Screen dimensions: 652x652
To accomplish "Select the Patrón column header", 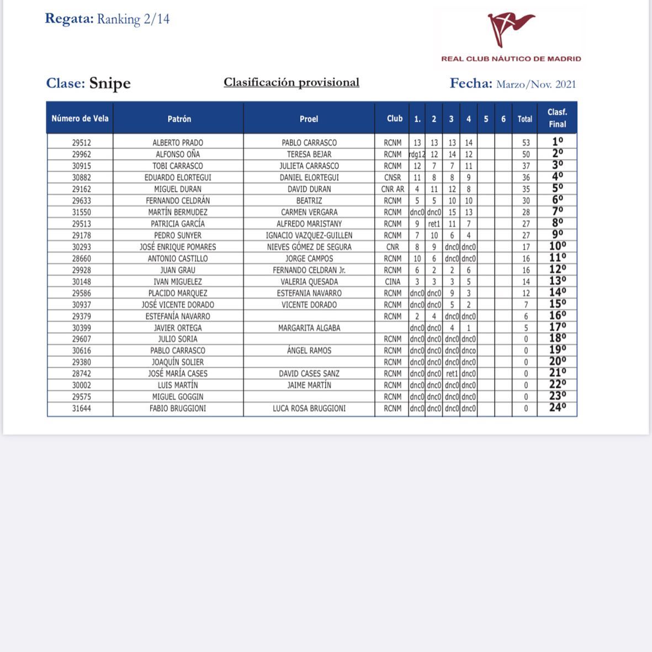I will coord(179,119).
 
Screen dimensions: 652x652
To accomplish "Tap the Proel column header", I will coord(309,119).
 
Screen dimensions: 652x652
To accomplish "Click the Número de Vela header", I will coord(80,118).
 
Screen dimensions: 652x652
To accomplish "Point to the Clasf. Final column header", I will coord(557,118).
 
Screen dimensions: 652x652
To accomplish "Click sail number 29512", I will coord(81,142).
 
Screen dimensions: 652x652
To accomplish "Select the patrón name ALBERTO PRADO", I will coord(178,142).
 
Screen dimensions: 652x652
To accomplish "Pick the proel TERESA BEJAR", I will coord(309,154).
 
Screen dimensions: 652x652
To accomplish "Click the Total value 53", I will coord(526,142).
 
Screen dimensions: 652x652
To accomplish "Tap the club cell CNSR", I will coord(393,177).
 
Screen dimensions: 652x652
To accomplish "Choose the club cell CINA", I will coord(393,282).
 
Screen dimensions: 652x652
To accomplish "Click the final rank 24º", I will coord(557,408).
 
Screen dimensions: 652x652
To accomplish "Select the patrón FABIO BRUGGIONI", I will coord(178,409).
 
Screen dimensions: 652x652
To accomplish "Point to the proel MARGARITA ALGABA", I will coord(309,328).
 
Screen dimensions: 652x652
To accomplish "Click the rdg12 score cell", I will coord(417,155).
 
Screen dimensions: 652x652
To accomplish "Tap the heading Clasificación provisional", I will coord(291,82).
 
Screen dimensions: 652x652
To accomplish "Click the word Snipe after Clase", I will coord(110,83).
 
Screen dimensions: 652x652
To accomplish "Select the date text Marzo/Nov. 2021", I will coord(536,84).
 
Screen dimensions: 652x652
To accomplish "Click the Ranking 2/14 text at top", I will coord(133,19).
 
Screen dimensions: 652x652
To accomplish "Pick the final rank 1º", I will coord(557,142).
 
